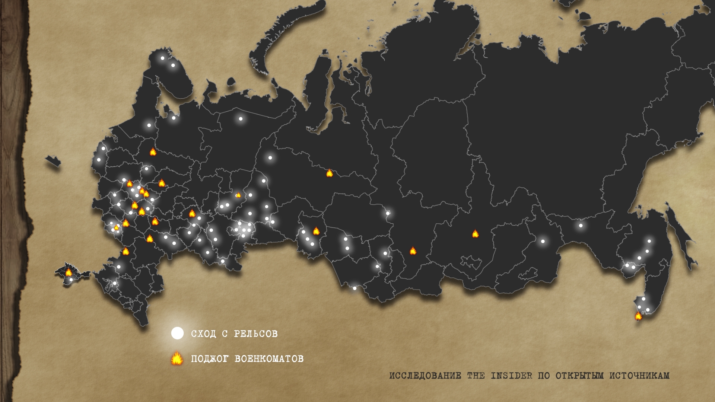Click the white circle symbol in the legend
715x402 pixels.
click(x=177, y=333)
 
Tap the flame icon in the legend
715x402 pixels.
click(x=177, y=358)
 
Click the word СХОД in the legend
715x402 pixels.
click(x=203, y=334)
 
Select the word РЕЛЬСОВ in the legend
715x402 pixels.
click(x=256, y=334)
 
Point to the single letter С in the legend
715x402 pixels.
click(x=225, y=334)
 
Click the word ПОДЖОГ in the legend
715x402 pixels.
click(x=210, y=359)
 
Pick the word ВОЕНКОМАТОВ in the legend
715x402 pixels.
click(x=269, y=359)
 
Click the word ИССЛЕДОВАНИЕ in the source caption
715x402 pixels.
click(x=425, y=376)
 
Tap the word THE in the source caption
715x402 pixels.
click(x=476, y=376)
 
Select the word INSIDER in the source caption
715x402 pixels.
click(x=511, y=376)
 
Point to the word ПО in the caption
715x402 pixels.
click(x=544, y=376)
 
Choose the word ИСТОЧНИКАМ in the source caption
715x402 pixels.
click(x=639, y=376)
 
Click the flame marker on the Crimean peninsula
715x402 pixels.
click(x=69, y=272)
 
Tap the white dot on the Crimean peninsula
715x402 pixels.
click(x=71, y=280)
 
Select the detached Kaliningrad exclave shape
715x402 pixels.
click(x=53, y=161)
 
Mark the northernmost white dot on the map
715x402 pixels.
click(x=162, y=58)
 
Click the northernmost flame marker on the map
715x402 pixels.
click(x=153, y=151)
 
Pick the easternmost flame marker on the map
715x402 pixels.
click(x=638, y=316)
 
